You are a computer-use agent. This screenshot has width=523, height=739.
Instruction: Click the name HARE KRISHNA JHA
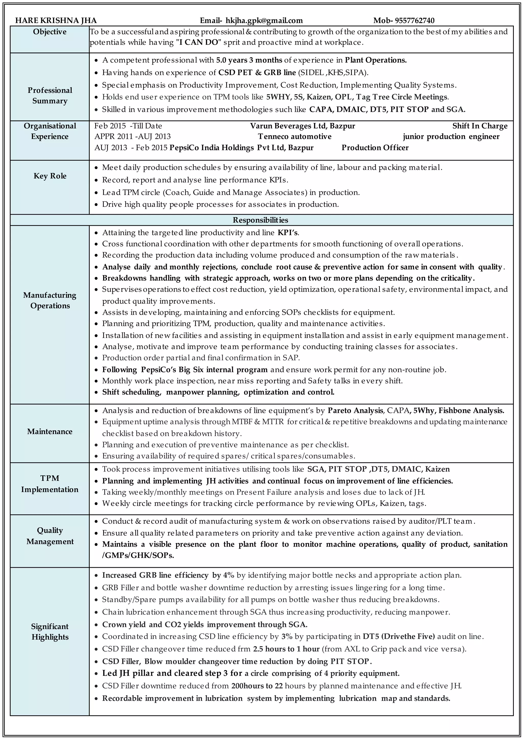(56, 21)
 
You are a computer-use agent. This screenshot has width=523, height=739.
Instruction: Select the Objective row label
(50, 32)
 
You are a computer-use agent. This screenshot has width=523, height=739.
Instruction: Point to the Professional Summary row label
(50, 96)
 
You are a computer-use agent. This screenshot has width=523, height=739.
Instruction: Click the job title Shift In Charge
(480, 126)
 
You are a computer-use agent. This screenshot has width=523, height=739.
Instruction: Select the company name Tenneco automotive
(295, 137)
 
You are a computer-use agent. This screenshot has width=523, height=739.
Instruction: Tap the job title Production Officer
(375, 148)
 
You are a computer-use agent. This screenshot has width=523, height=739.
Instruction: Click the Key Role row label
(50, 176)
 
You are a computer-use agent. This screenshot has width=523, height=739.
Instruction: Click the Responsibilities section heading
(260, 220)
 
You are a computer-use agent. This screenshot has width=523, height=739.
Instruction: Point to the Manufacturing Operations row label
(50, 300)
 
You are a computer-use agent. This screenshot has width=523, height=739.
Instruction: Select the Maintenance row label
(50, 432)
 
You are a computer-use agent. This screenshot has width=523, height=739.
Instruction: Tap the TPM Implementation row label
(50, 484)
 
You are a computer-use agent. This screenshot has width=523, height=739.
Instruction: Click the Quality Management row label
(50, 536)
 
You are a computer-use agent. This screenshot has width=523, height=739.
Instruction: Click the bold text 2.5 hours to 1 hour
(286, 649)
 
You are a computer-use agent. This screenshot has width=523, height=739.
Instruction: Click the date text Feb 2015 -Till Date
(128, 126)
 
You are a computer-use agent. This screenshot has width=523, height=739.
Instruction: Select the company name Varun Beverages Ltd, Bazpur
(303, 126)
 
